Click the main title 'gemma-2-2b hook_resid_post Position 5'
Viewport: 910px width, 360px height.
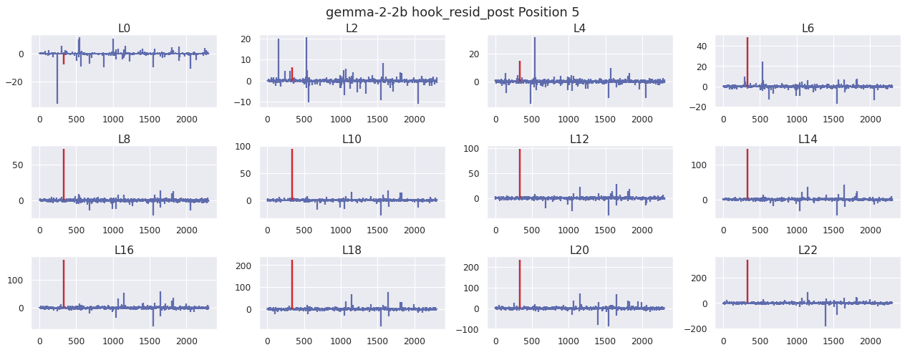coord(452,12)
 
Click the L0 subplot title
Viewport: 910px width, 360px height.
coord(124,29)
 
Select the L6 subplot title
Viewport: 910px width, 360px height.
coord(808,29)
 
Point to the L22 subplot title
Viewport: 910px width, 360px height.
coord(808,250)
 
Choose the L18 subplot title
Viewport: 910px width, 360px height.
coord(352,250)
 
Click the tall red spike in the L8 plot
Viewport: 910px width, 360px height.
coord(64,172)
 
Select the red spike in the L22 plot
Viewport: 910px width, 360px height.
coord(747,279)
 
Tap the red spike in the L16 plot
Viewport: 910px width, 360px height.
coord(64,283)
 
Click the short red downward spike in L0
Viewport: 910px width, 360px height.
coord(64,59)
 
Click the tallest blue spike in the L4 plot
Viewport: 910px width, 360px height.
coord(534,57)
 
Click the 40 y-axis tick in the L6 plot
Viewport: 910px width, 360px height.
coord(705,46)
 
